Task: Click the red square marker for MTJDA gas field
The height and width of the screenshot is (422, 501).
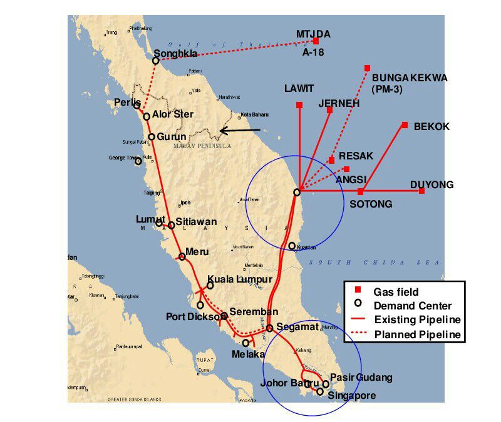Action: click(x=316, y=41)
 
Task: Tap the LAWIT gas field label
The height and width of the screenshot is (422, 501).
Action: click(x=299, y=88)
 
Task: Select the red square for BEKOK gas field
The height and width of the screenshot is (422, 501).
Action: click(x=405, y=125)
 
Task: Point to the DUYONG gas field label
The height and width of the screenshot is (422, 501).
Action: click(x=431, y=184)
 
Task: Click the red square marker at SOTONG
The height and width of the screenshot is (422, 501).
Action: click(x=360, y=191)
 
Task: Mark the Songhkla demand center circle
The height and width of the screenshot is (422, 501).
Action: click(x=156, y=61)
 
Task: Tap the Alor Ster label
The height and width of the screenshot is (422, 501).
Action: click(x=173, y=114)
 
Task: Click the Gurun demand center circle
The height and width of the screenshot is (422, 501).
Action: click(x=152, y=137)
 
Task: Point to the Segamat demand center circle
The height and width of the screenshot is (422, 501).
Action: click(x=269, y=328)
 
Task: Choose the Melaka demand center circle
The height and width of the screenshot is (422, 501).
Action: click(x=246, y=343)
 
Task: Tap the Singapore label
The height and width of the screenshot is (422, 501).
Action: click(x=351, y=395)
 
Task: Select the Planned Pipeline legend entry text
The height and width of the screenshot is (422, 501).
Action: click(x=417, y=334)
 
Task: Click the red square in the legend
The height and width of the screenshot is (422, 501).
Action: click(x=358, y=291)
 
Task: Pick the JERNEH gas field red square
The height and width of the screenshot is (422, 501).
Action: click(x=329, y=110)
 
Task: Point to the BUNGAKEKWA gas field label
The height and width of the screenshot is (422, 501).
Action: click(x=410, y=78)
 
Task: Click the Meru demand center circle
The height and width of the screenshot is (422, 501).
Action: click(x=182, y=256)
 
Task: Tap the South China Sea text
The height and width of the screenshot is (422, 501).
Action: click(x=376, y=263)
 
